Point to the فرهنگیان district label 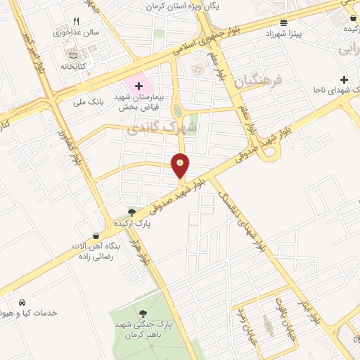pos(261,82)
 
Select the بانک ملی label pos(89,102)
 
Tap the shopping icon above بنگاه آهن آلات pos(96,236)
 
